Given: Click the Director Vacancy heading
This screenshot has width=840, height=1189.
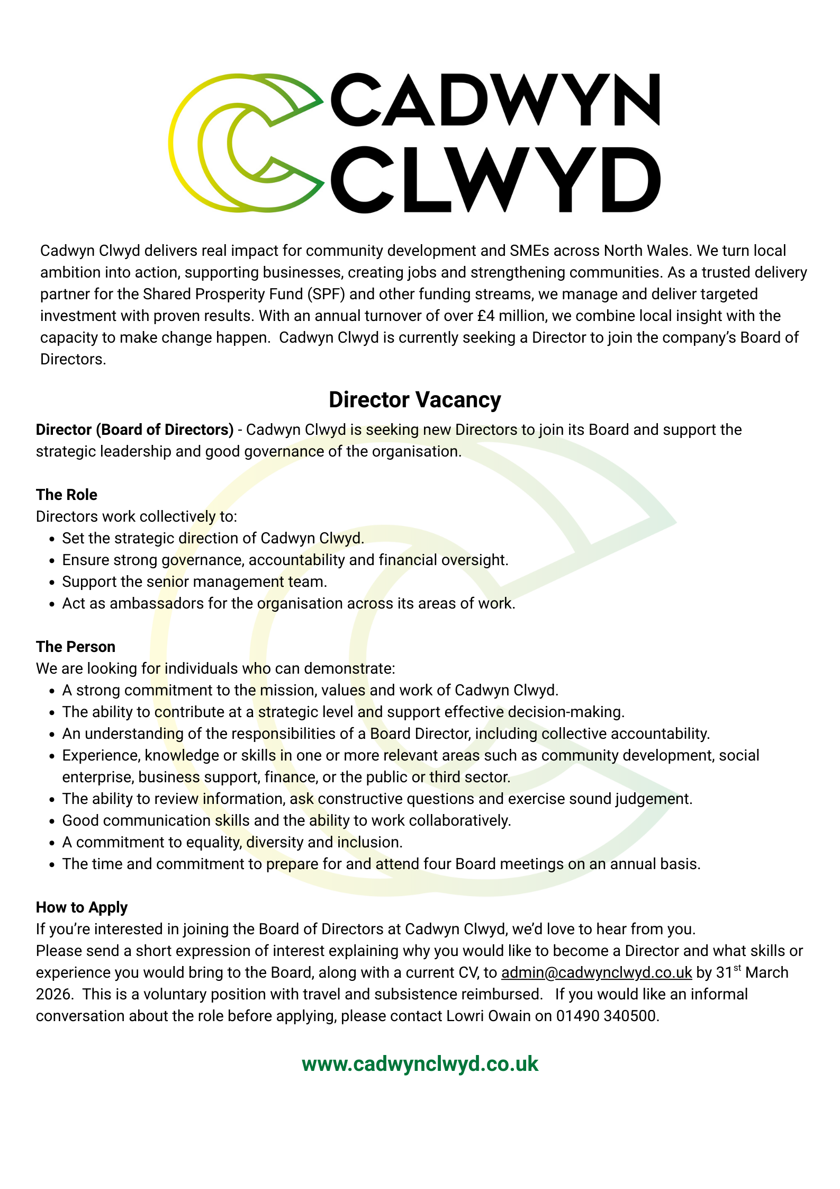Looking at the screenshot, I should pyautogui.click(x=414, y=400).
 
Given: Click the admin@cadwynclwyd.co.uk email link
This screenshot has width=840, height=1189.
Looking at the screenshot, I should pyautogui.click(x=597, y=972).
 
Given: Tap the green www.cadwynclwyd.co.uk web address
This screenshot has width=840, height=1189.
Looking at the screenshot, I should pyautogui.click(x=420, y=1064).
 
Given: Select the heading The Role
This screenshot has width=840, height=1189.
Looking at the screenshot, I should pyautogui.click(x=67, y=495).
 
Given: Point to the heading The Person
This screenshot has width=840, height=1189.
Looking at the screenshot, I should pyautogui.click(x=76, y=647).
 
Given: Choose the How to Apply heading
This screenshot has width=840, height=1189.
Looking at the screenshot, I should pyautogui.click(x=82, y=907).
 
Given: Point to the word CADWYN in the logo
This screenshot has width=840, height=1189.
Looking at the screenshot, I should pyautogui.click(x=495, y=100).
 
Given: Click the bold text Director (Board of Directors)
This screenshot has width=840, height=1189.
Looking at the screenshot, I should pyautogui.click(x=135, y=430).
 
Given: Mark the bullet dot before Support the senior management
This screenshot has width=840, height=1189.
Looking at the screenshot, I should pyautogui.click(x=51, y=582).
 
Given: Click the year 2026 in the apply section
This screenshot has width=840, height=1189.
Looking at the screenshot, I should pyautogui.click(x=53, y=994).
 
